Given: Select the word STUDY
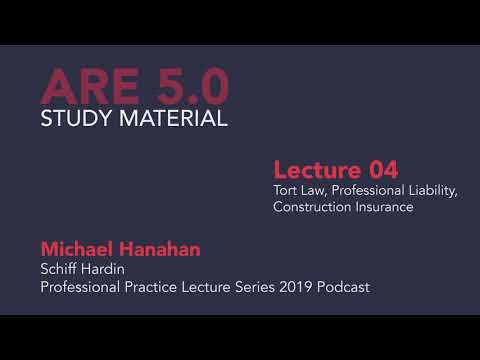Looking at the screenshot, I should (x=79, y=120).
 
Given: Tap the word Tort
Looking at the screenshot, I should (x=286, y=190).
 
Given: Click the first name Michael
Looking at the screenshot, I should (x=77, y=248).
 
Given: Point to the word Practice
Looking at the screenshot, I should (x=152, y=287).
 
